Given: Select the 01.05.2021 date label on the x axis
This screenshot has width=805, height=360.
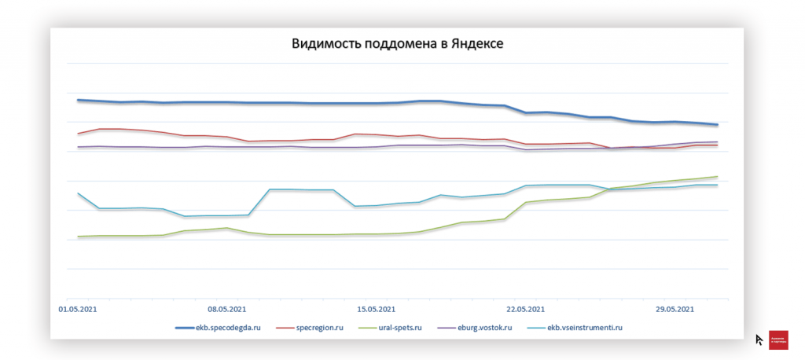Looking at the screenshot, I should (x=79, y=309).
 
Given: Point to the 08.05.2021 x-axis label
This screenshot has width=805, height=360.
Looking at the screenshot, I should (x=227, y=309).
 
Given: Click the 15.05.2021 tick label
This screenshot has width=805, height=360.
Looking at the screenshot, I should (x=376, y=309).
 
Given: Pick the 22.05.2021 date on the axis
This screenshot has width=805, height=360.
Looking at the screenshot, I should (x=525, y=309).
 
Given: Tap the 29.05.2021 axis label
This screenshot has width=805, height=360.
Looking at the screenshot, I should (x=675, y=309).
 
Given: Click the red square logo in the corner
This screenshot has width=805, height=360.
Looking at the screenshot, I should (x=779, y=339).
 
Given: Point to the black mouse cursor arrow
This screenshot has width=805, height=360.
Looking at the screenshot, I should (x=759, y=340).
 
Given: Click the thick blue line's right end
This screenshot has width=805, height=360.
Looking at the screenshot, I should (x=716, y=124).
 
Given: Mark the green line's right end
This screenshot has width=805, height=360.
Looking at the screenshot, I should (x=716, y=177).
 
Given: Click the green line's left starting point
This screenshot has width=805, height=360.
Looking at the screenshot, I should (x=78, y=237).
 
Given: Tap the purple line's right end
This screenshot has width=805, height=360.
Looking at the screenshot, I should (x=716, y=142).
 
